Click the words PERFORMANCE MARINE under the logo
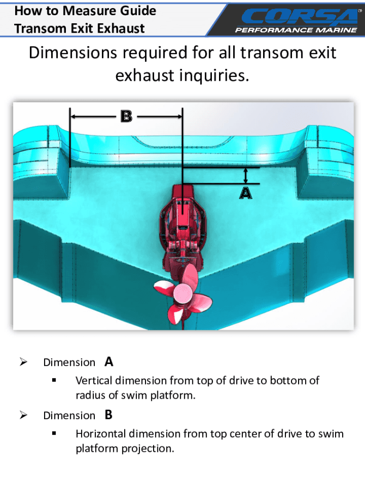[296, 30]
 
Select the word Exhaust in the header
[121, 28]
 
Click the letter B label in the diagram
[126, 116]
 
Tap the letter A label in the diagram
[246, 193]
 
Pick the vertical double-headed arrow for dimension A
[246, 176]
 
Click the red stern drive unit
[182, 223]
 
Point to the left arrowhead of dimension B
[74, 116]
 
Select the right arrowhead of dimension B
[179, 116]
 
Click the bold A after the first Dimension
[109, 362]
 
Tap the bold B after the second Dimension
[109, 415]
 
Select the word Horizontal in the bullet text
[100, 434]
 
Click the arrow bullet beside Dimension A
[23, 362]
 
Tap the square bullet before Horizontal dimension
[55, 434]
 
